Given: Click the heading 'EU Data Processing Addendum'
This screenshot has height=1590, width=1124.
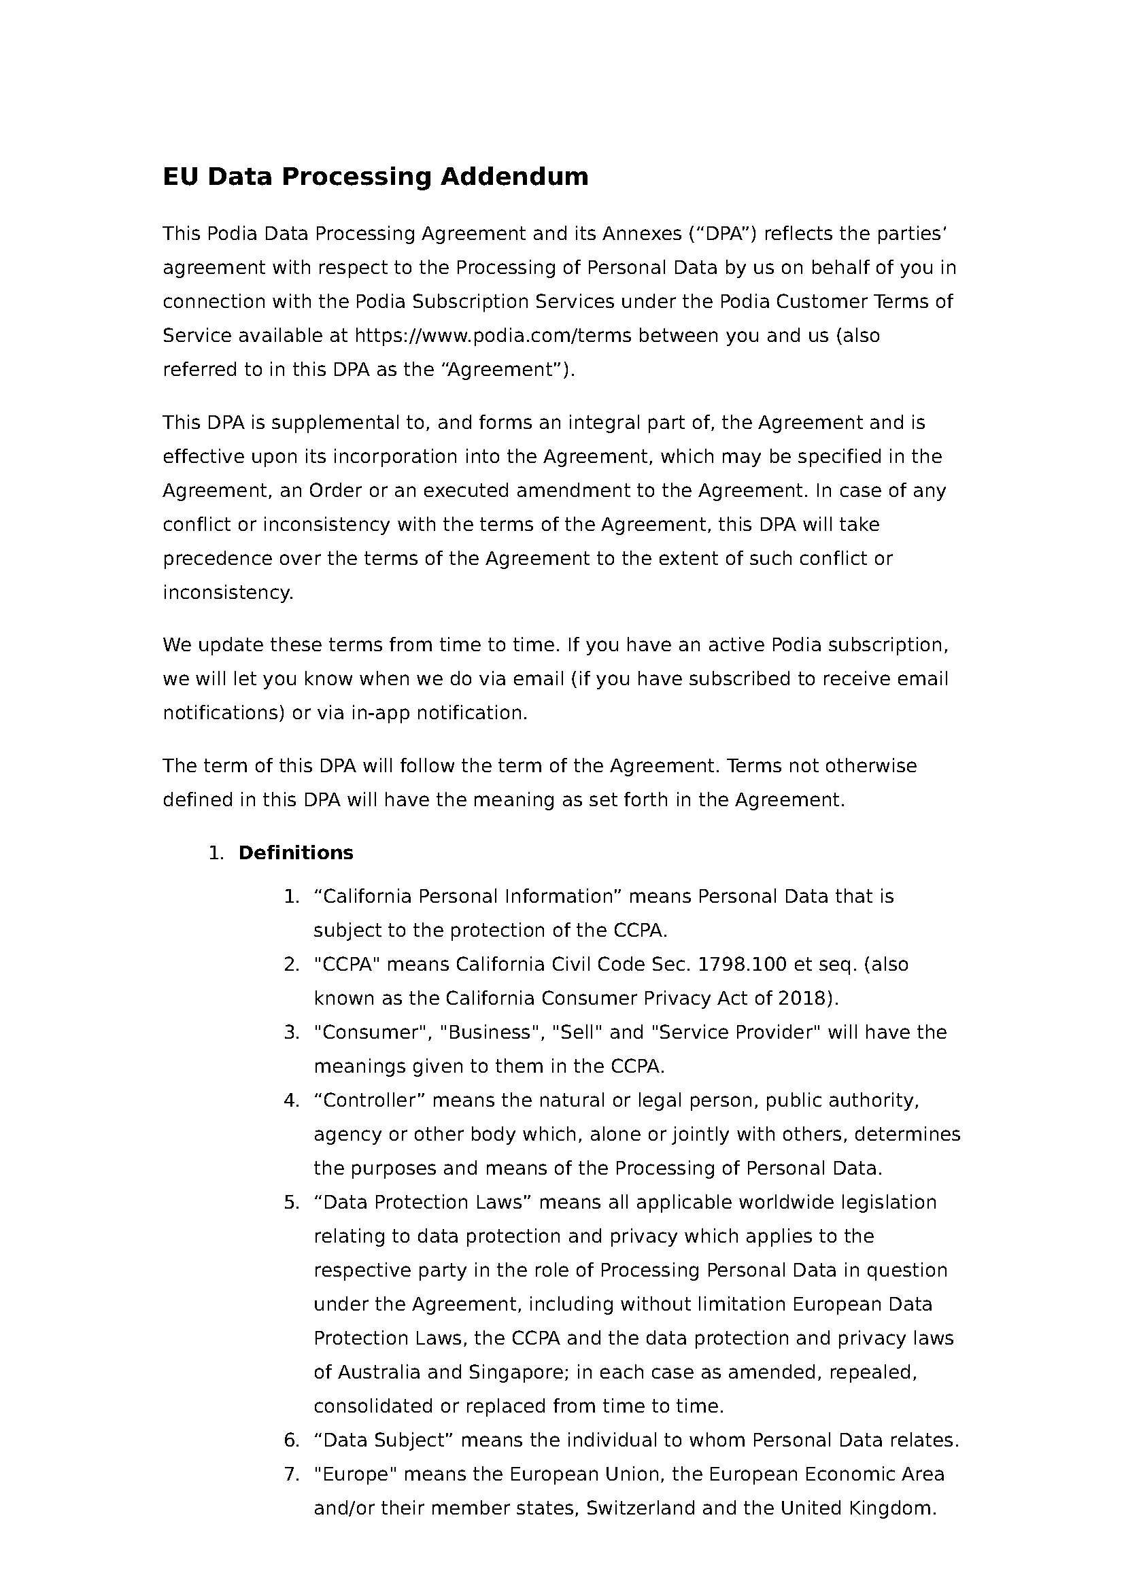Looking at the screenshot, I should coord(375,177).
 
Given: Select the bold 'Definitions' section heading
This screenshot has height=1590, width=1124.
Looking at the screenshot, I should coord(296,852).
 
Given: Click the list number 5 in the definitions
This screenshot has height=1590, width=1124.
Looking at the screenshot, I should coord(291,1203).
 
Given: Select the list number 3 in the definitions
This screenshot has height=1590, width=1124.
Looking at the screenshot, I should coord(291,1033).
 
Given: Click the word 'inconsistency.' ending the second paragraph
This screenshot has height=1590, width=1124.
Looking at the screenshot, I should coord(228,593).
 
